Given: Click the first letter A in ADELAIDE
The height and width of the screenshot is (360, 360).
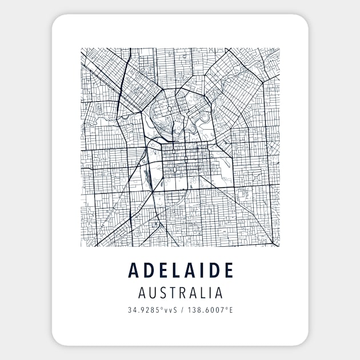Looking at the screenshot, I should (134, 270).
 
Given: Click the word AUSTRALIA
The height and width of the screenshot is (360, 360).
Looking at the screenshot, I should (180, 293).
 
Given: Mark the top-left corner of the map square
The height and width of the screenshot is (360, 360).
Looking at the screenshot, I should (81, 48).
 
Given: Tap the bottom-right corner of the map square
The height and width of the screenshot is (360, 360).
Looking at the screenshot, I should (279, 246).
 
